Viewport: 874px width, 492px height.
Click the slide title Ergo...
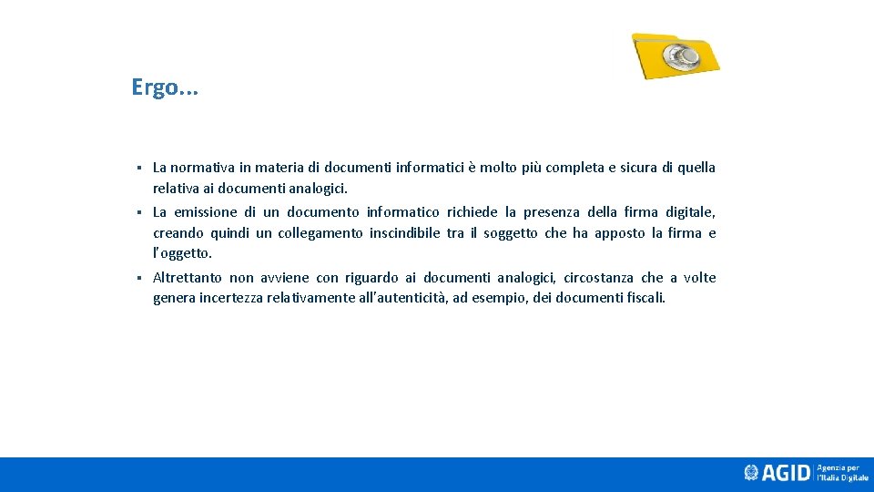click(x=164, y=87)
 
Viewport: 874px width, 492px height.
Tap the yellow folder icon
click(x=676, y=56)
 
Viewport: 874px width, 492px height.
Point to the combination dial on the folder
click(x=680, y=56)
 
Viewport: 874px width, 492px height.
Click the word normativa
click(x=200, y=168)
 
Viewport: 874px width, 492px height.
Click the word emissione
click(x=204, y=212)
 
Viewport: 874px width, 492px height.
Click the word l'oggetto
click(x=181, y=254)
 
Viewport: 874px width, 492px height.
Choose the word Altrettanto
click(x=187, y=278)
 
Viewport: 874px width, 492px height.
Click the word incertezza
click(x=232, y=298)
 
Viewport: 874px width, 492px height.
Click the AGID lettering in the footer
click(x=786, y=473)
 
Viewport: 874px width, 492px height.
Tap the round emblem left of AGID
click(x=751, y=473)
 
